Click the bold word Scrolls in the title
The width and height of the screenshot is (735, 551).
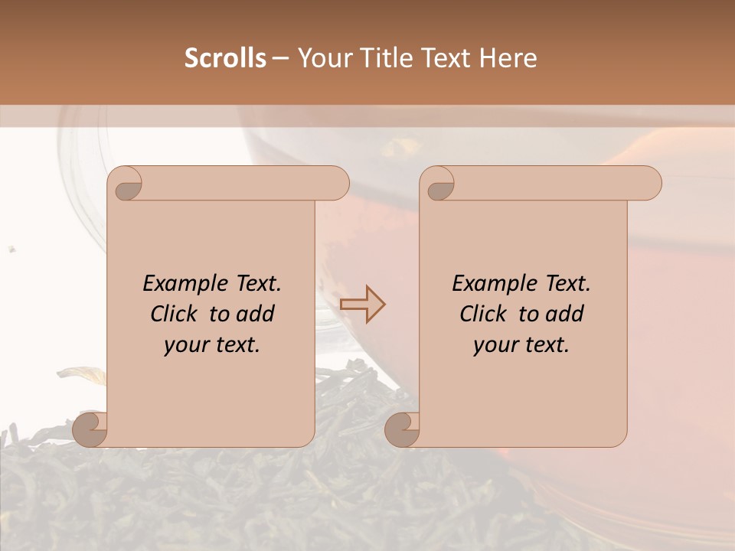point(226,58)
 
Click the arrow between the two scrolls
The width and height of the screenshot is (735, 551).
point(362,305)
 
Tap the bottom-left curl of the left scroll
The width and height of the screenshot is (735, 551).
point(90,429)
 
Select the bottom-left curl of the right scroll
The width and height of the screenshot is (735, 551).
point(402,429)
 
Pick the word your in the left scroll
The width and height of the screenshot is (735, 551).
point(185,344)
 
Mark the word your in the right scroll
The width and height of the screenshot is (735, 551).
point(495,344)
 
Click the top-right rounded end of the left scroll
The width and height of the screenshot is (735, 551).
point(337,184)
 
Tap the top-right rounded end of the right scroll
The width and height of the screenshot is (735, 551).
point(649,184)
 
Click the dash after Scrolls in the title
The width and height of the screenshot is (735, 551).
point(280,58)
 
